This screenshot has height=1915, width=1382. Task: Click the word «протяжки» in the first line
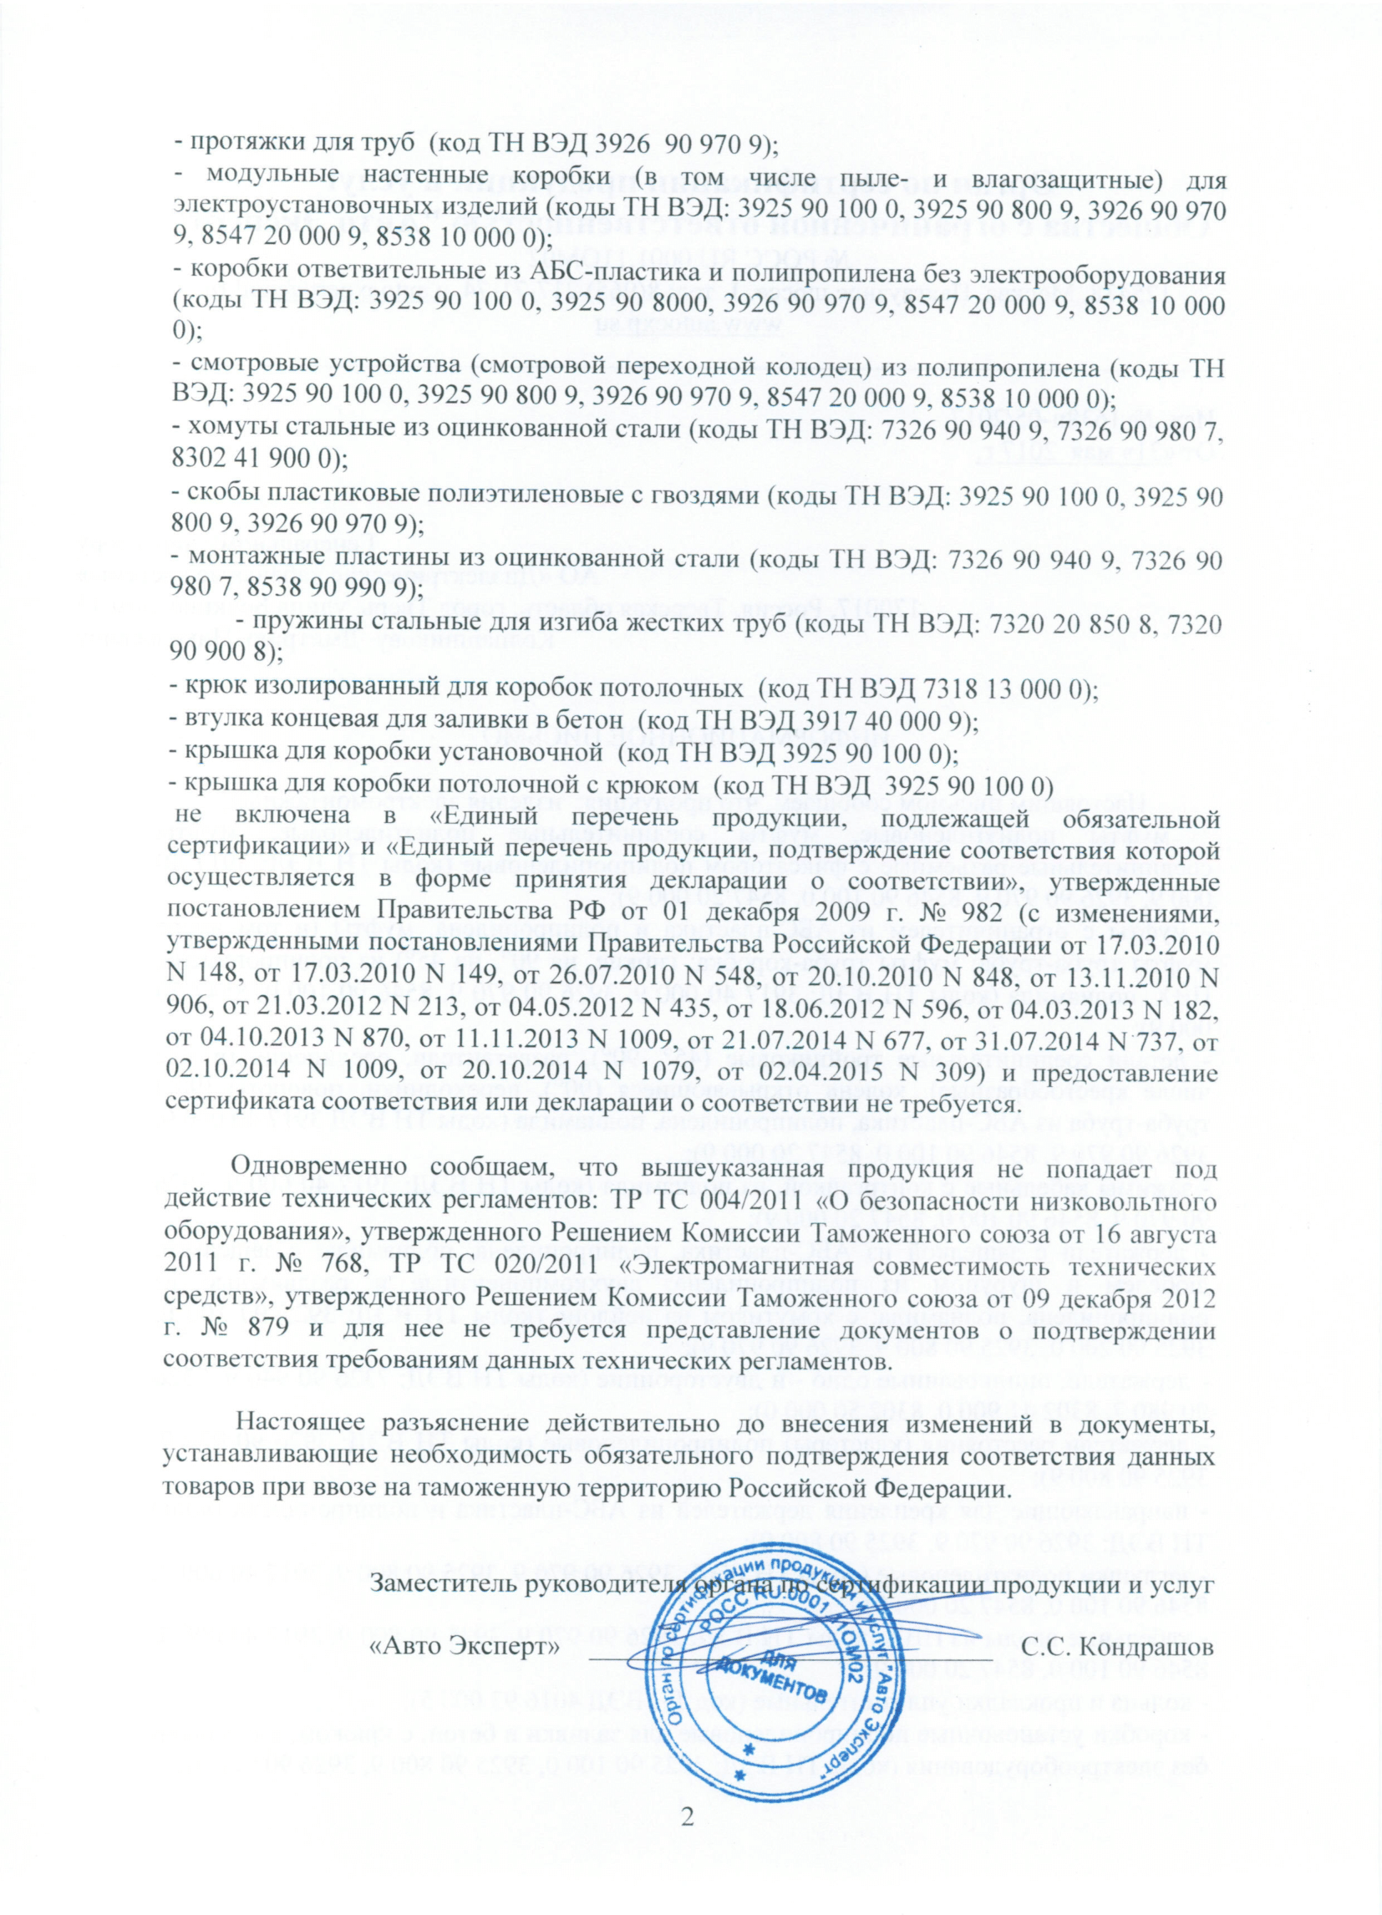(x=242, y=145)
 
